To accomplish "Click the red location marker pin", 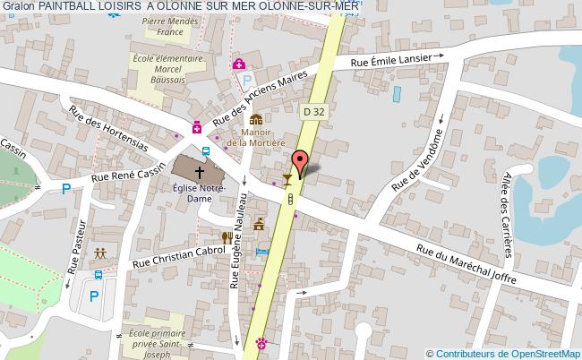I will pos(299,161).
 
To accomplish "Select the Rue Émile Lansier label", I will pos(397,60).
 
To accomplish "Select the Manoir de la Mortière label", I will pos(255,136).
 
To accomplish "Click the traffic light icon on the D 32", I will pos(291,203).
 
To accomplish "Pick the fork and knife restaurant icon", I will pos(227,237).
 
